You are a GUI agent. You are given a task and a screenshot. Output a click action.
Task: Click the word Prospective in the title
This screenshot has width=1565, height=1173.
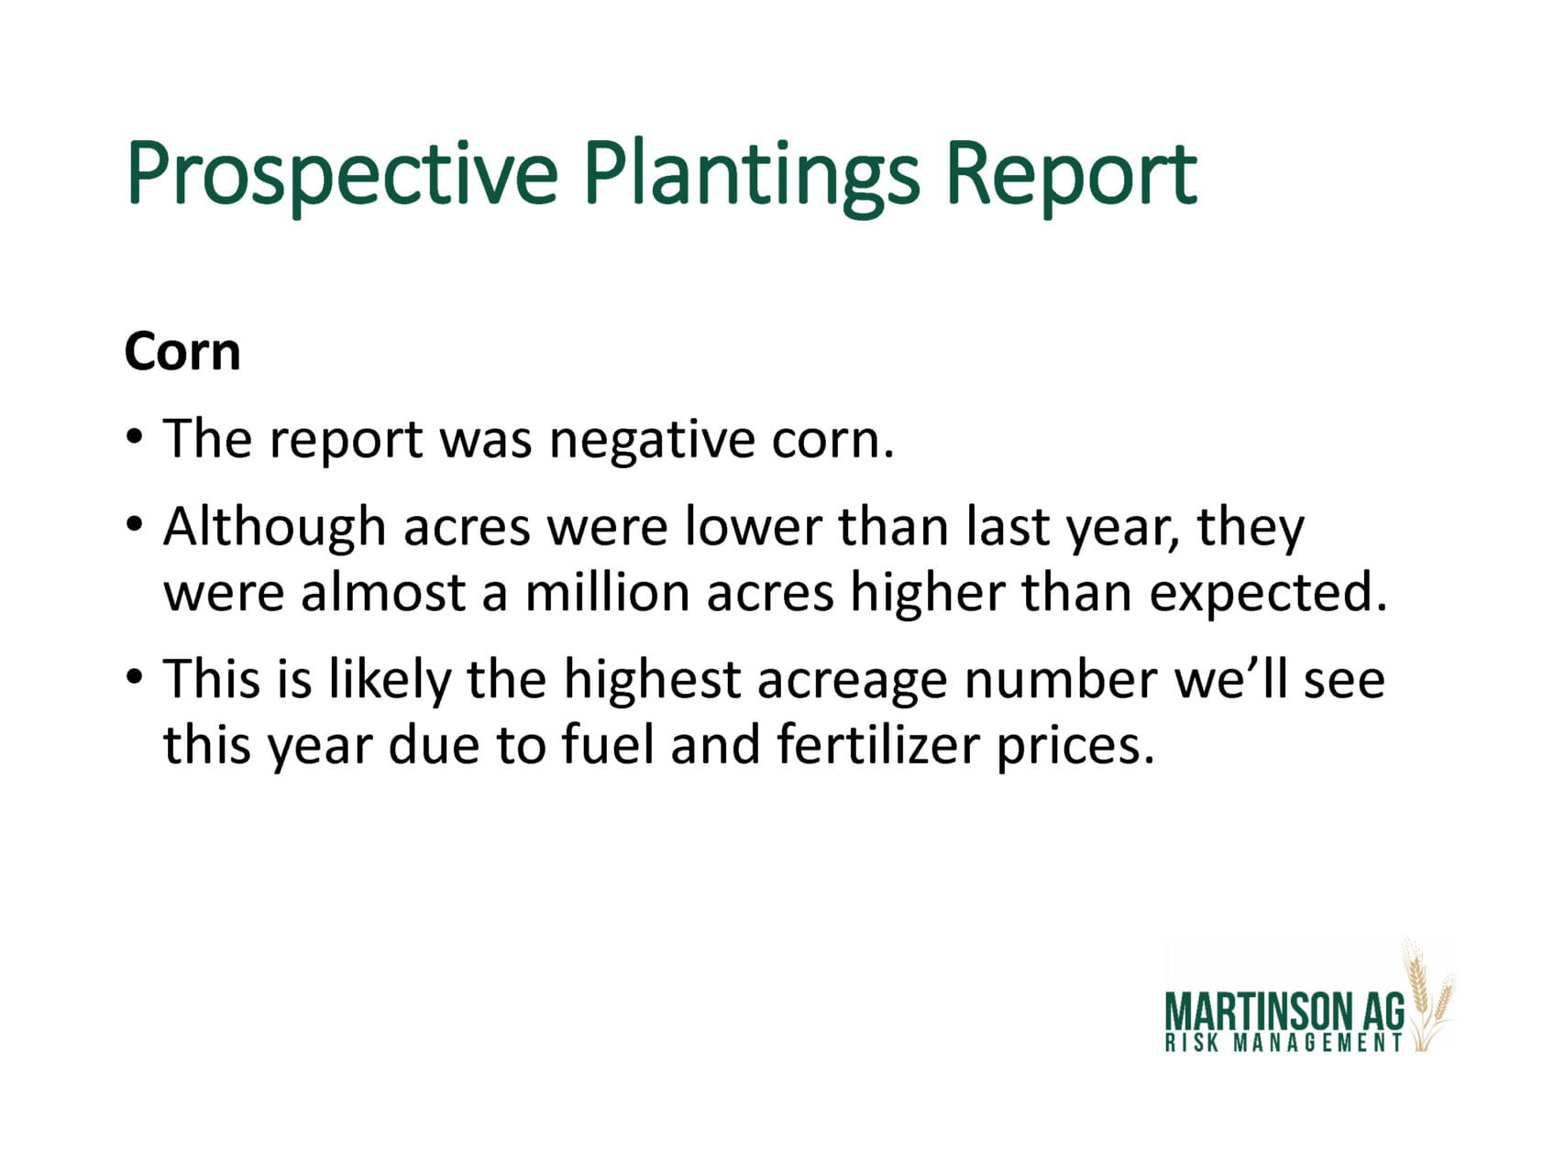point(342,174)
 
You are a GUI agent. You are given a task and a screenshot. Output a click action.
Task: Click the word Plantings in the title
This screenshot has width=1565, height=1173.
point(751,174)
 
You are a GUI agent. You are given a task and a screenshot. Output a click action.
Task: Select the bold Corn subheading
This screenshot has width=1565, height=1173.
point(182,352)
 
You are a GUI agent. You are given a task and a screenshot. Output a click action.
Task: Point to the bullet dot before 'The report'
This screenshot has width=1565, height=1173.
point(135,436)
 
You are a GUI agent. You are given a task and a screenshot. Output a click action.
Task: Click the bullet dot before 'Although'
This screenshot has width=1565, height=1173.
point(135,525)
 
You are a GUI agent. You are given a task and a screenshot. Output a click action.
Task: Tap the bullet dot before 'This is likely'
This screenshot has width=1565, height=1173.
point(135,677)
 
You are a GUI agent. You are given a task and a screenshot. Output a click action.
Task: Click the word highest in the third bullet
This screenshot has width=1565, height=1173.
point(652,681)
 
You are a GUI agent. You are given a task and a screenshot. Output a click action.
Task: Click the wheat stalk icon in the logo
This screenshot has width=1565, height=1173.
point(1427,995)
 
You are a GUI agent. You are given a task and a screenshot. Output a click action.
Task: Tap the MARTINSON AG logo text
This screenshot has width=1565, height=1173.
point(1284,1013)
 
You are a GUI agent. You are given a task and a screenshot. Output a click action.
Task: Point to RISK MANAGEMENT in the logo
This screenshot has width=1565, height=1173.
point(1284,1043)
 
